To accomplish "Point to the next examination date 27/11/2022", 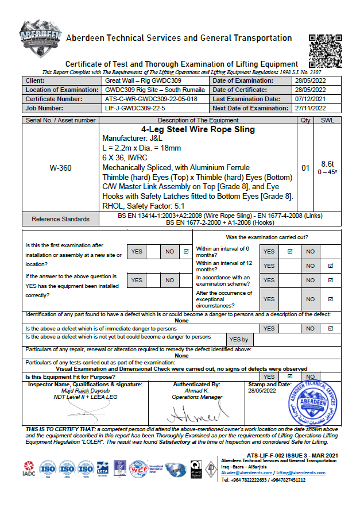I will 309,108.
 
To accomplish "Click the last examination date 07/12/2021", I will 309,99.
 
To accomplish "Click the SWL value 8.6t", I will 327,164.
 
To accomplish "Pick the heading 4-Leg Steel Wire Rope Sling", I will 198,130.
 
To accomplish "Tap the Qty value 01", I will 305,168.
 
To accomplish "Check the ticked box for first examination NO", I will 185,251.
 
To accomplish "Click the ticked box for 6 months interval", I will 290,251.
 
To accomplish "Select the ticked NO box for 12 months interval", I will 330,266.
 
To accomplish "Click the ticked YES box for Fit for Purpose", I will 290,376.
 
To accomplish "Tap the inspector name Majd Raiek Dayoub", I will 85,390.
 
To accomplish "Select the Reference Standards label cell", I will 60,219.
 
